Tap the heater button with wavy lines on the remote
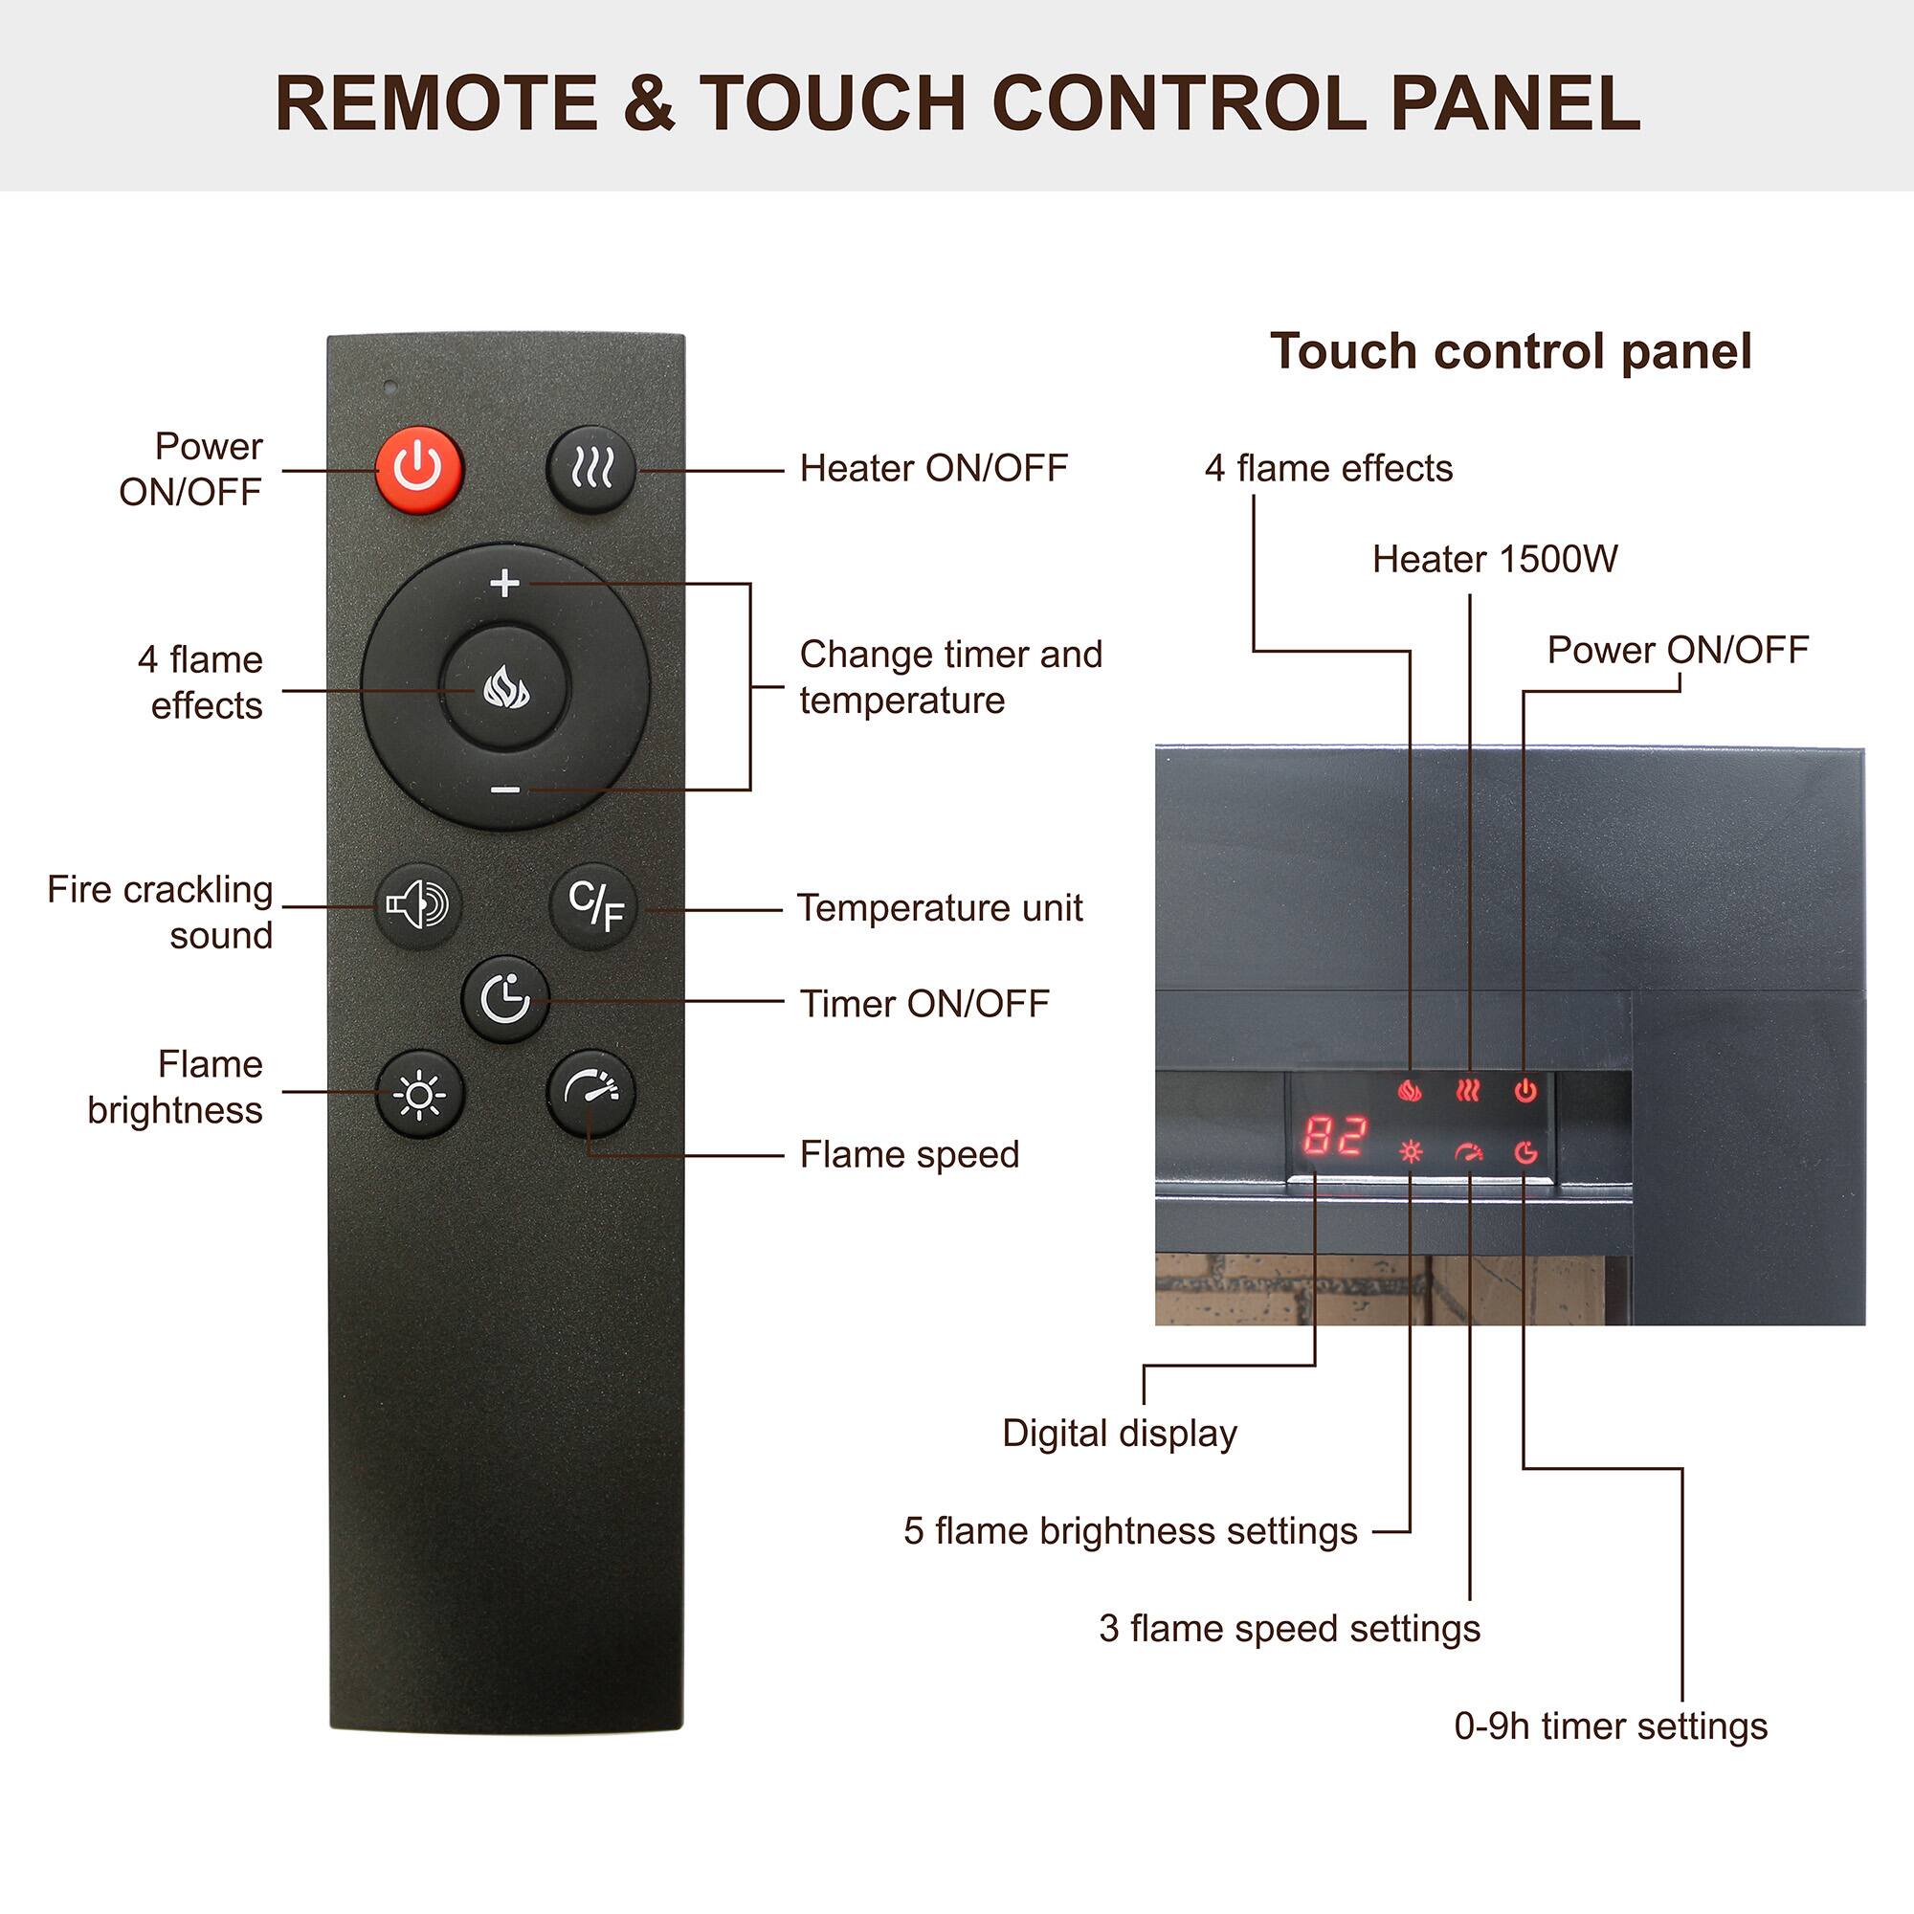[591, 469]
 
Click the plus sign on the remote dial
[505, 584]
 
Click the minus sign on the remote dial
[505, 790]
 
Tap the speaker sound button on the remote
[418, 905]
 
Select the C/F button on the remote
[594, 905]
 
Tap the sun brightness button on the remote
[419, 1094]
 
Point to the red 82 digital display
[1334, 1136]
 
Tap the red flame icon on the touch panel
[1409, 1091]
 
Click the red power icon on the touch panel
[1525, 1091]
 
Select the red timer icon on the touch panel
[1525, 1151]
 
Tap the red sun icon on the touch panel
[1410, 1151]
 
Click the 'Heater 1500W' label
[1494, 560]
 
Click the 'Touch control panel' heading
[1511, 351]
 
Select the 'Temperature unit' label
[940, 907]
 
